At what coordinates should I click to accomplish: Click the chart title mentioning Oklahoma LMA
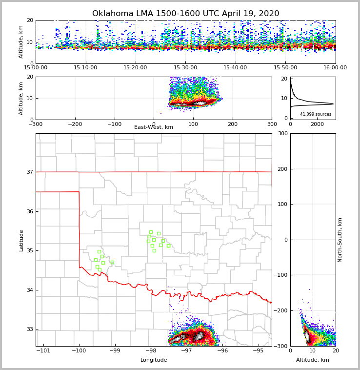coord(185,14)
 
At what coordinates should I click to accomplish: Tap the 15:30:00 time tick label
coord(185,68)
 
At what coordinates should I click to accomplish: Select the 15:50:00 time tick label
coord(285,68)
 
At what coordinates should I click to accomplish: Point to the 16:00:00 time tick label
coord(335,68)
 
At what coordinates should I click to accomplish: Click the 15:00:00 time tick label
coord(36,68)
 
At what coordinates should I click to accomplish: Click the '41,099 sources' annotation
coord(315,114)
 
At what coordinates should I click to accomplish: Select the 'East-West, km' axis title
coord(154,127)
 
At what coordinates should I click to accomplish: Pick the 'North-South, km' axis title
coord(340,240)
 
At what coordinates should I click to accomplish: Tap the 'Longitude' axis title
coord(154,360)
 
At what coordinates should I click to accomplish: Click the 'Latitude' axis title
coord(21,240)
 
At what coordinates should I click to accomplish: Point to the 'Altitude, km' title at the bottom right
coord(313,360)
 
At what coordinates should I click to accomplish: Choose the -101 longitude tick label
coord(43,351)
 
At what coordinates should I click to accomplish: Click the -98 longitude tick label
coord(151,351)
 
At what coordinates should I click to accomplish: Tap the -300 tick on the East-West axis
coord(36,124)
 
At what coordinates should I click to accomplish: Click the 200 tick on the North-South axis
coord(282,169)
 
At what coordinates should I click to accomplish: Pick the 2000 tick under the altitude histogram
coord(317,124)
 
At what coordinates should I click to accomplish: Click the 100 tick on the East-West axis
coord(193,124)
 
